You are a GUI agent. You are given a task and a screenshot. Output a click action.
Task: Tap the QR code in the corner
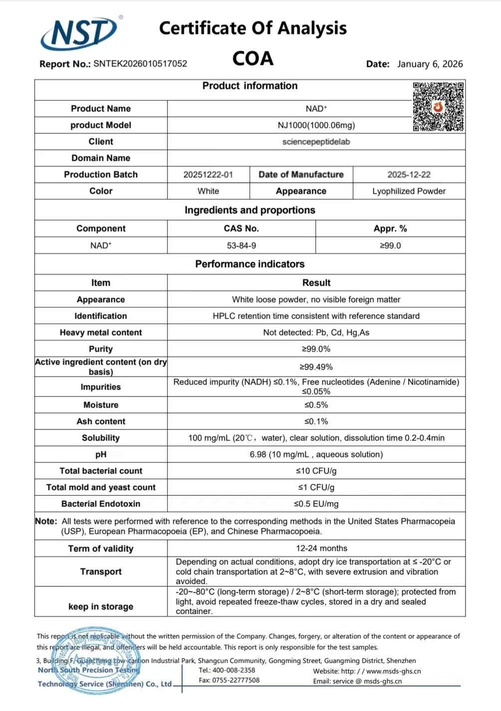coord(438,106)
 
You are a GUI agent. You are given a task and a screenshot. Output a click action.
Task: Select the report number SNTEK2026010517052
coord(140,64)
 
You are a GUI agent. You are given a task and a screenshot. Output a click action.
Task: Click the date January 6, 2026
coord(430,64)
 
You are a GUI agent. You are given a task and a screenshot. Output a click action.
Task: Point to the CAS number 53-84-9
coord(241,246)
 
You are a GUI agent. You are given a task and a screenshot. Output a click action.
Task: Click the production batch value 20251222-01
coord(208,175)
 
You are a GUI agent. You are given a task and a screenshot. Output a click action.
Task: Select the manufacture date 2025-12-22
coord(409,175)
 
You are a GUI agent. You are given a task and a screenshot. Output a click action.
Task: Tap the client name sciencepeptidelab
coord(316,142)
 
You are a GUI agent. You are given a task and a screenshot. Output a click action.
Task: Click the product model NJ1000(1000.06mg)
coord(316,125)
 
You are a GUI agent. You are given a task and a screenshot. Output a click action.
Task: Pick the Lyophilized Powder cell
coord(409,191)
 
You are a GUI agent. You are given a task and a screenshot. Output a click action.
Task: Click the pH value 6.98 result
coord(316,454)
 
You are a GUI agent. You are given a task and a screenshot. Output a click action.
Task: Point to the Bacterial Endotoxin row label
coord(101,504)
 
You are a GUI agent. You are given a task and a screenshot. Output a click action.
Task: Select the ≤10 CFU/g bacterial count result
coord(316,471)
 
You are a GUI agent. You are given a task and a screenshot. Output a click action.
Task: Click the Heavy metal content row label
coord(101,333)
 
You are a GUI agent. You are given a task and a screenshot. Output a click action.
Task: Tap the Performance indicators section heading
coord(250,264)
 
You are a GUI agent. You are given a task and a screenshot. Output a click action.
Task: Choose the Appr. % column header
coord(390,229)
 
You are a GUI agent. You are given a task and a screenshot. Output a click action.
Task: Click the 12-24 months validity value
coord(321,548)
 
